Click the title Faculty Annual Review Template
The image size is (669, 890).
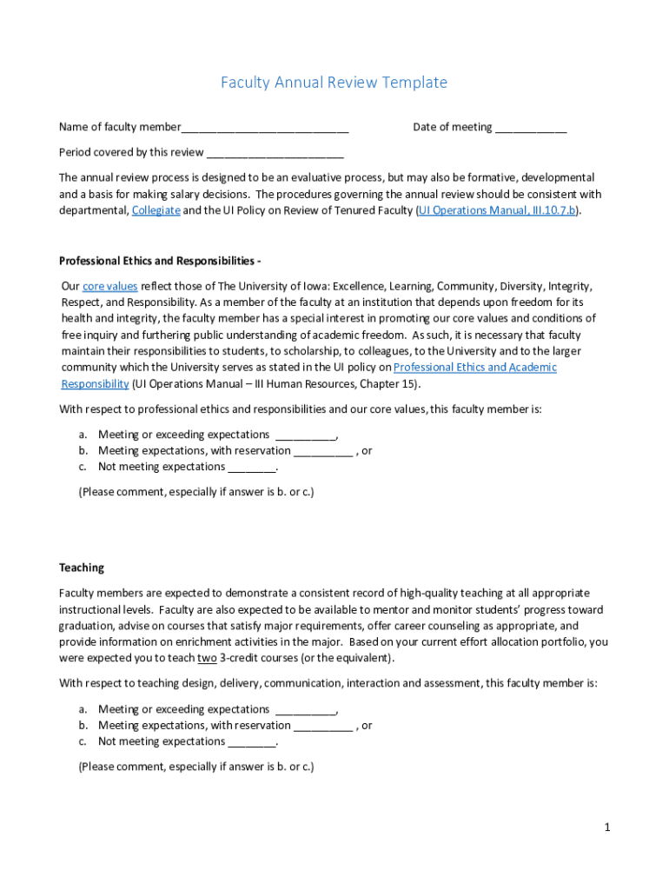pyautogui.click(x=334, y=83)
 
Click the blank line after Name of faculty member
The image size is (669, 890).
pyautogui.click(x=265, y=129)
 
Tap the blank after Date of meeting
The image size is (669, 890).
pyautogui.click(x=531, y=129)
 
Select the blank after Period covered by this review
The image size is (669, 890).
pyautogui.click(x=275, y=154)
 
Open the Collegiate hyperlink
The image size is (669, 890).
pyautogui.click(x=156, y=210)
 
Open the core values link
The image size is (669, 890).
pyautogui.click(x=110, y=286)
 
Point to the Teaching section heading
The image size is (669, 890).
pyautogui.click(x=82, y=568)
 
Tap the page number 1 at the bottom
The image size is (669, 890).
pyautogui.click(x=608, y=827)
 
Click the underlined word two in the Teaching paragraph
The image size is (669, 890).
pyautogui.click(x=207, y=658)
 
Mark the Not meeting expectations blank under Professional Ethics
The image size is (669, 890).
pyautogui.click(x=252, y=468)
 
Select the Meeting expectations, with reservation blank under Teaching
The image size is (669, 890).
pyautogui.click(x=323, y=727)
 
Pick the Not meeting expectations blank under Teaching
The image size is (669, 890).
pyautogui.click(x=252, y=743)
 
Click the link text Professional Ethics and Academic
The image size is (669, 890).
pyautogui.click(x=475, y=368)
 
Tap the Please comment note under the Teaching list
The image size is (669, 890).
pyautogui.click(x=196, y=767)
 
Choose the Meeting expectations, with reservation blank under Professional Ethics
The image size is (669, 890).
pyautogui.click(x=323, y=452)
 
